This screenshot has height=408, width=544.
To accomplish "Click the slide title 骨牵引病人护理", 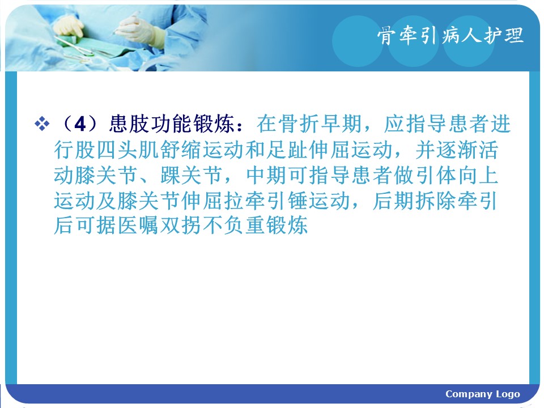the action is tap(450, 35).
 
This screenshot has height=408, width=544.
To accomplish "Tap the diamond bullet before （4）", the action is tap(42, 124).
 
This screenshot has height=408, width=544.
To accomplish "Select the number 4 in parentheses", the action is tap(80, 124).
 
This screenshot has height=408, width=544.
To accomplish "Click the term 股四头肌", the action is tap(117, 150).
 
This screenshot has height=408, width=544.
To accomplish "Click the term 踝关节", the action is tap(191, 175).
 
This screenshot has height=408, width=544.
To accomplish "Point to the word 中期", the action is tap(267, 175).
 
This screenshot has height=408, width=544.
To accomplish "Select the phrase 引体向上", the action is tap(457, 175).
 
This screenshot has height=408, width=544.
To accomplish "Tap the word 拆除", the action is tap(435, 201).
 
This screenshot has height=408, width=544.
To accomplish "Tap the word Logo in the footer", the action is tap(508, 394).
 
